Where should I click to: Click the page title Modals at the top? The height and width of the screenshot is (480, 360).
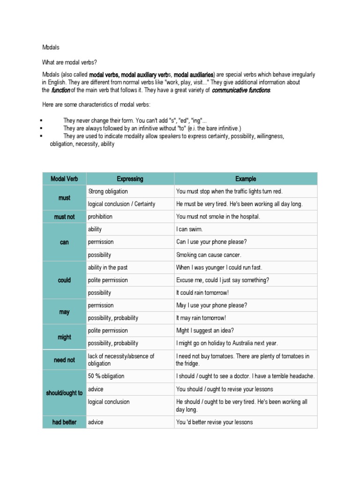[x=51, y=48]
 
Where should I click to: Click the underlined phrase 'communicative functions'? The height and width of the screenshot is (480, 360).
[x=241, y=90]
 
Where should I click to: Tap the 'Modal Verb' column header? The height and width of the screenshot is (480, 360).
[x=65, y=179]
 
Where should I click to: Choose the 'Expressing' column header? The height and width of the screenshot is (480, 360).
[x=130, y=179]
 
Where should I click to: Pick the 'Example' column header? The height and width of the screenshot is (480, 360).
[x=246, y=179]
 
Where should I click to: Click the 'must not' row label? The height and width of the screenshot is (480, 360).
[x=65, y=217]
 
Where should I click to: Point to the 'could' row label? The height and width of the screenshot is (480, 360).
[x=65, y=280]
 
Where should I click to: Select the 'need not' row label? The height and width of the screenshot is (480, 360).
[x=65, y=360]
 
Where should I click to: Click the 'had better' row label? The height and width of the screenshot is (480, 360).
[x=65, y=422]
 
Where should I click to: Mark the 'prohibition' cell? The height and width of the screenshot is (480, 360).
[x=100, y=217]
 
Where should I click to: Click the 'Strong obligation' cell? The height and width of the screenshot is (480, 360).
[x=108, y=192]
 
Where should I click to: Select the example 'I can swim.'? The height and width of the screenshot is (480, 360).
[x=189, y=230]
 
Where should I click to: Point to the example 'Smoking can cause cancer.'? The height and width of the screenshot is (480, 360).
[x=209, y=255]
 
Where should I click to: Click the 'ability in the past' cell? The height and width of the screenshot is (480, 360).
[x=108, y=268]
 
